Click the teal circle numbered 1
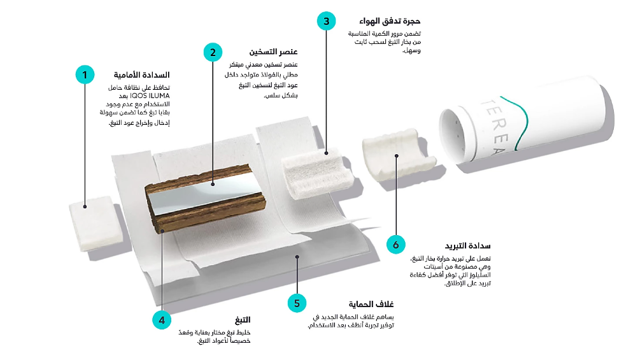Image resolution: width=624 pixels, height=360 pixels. coord(85,74)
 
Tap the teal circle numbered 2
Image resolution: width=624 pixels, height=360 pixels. coord(213,52)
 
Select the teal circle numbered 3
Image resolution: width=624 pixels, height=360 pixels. coord(327,21)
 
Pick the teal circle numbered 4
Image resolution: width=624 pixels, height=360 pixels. coord(162,320)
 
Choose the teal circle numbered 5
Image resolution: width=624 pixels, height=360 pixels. coord(297,303)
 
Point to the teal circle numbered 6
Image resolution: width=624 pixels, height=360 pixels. coord(395,244)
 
